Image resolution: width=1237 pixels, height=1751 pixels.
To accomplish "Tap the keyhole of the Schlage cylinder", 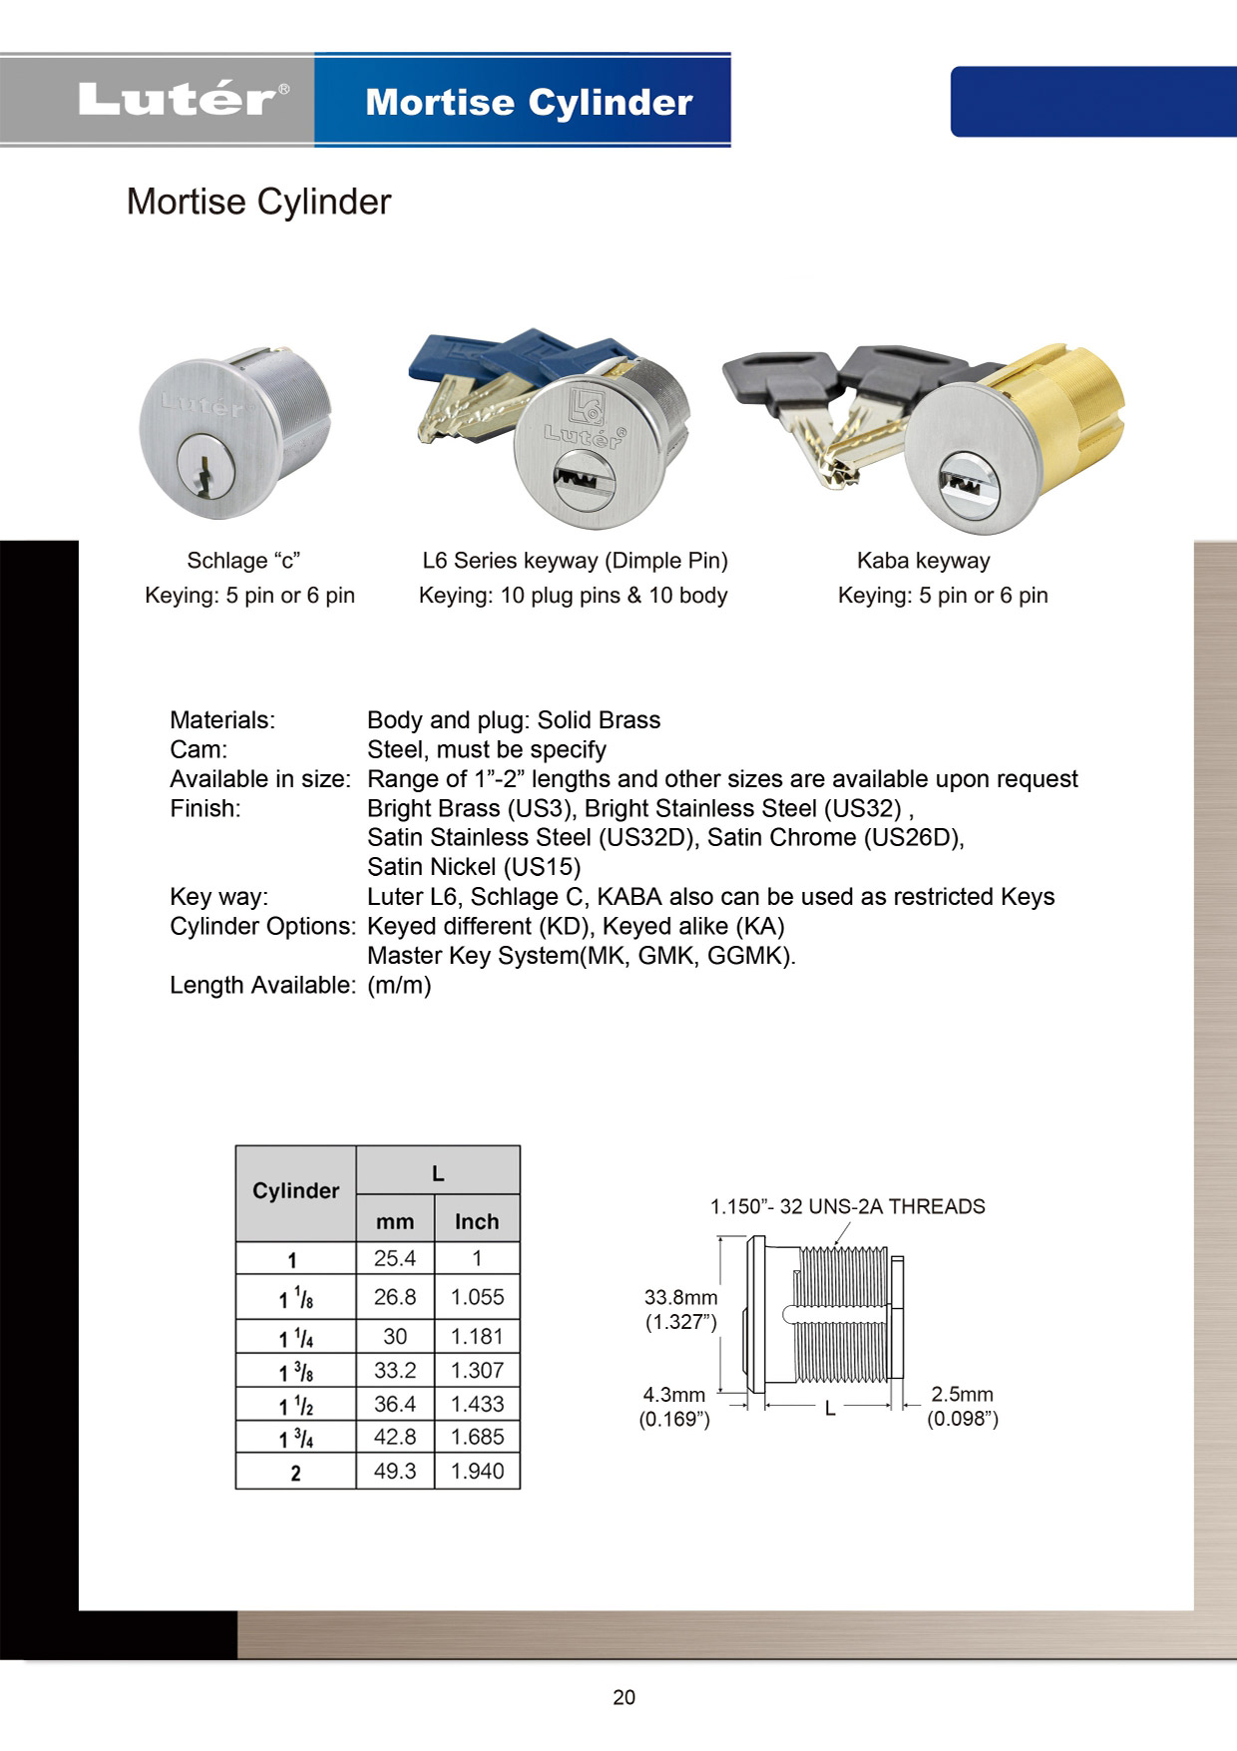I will [x=206, y=470].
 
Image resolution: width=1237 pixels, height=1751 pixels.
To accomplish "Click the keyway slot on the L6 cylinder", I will [x=576, y=479].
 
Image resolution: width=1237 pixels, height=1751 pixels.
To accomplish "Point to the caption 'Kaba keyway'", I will [x=923, y=561].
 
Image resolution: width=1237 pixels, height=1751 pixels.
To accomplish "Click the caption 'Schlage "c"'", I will [x=243, y=561].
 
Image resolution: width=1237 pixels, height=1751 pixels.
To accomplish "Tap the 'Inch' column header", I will [x=477, y=1221].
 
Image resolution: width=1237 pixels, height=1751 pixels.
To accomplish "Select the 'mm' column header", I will [x=395, y=1221].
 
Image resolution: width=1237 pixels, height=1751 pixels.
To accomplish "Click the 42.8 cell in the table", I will [x=395, y=1437].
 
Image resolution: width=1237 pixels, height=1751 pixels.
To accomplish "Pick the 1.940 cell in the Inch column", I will [x=477, y=1471].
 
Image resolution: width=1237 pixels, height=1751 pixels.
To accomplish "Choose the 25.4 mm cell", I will [x=395, y=1258].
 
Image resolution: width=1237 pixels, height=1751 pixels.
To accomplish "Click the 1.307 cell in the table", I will [x=477, y=1370].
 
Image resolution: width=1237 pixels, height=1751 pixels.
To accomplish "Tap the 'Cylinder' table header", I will [x=295, y=1191].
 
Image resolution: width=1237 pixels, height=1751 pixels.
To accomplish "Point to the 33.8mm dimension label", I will [x=680, y=1298].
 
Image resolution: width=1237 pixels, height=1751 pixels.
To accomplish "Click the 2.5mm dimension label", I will [x=962, y=1394].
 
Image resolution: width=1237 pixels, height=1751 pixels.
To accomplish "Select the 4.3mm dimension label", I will [x=674, y=1395].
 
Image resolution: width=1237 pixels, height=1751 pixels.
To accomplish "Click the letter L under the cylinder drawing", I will [x=829, y=1409].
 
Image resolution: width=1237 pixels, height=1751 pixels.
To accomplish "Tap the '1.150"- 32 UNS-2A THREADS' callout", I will [x=847, y=1206].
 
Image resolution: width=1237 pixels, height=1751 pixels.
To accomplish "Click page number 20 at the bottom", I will [x=623, y=1697].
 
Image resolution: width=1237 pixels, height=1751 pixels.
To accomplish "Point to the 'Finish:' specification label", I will [x=205, y=808].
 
